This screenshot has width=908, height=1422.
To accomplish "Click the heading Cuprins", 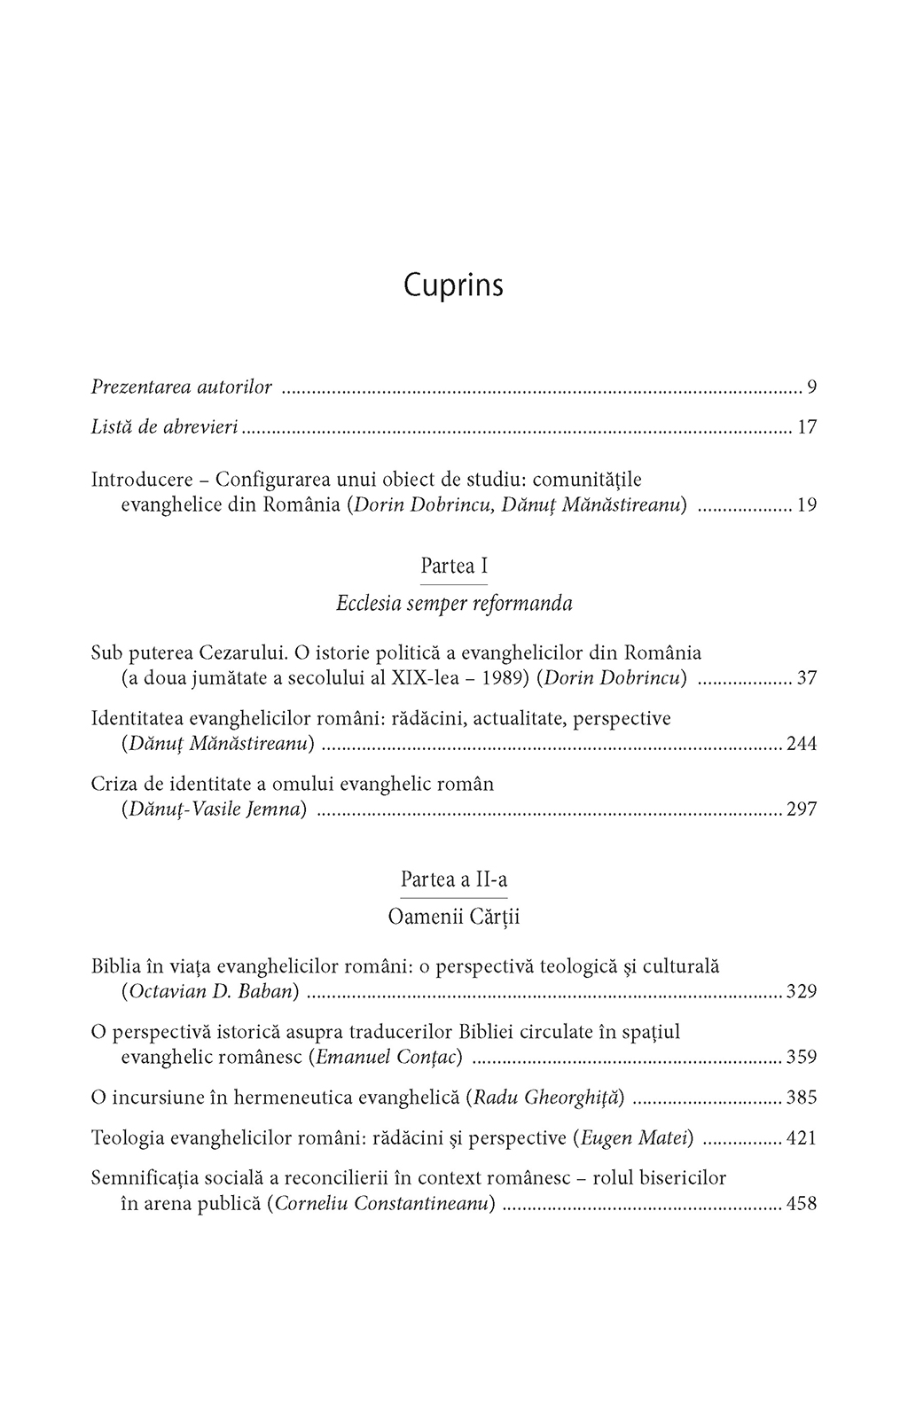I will click(453, 286).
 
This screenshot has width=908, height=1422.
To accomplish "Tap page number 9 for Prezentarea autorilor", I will click(811, 387).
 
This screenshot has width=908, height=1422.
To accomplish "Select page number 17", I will click(806, 427).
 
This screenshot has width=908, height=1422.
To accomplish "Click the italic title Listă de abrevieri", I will click(165, 427).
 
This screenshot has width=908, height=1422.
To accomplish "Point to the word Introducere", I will click(142, 480).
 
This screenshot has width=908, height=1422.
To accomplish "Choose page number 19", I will click(806, 506).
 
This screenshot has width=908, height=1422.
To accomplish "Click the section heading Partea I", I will click(454, 566).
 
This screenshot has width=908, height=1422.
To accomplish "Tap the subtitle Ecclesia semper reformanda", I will click(454, 605).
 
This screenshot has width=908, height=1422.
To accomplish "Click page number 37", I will click(806, 679).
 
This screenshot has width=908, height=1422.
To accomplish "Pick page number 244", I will click(801, 745).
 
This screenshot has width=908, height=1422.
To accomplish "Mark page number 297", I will click(801, 809).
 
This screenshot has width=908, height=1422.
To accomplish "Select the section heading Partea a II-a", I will click(454, 879).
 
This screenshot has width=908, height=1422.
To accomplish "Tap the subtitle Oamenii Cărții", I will click(454, 918).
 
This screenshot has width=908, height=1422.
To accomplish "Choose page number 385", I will click(801, 1098).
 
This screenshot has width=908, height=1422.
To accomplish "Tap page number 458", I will click(801, 1204).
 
